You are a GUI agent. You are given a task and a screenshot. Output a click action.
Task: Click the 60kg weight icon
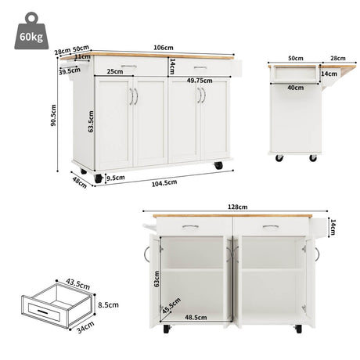pos(31,31)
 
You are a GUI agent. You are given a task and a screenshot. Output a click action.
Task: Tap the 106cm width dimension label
pos(164,48)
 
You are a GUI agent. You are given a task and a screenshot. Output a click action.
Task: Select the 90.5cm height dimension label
pos(53,115)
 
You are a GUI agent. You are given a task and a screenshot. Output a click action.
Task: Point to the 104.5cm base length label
pos(164,183)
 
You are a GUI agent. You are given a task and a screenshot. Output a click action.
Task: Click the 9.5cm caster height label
pos(116,178)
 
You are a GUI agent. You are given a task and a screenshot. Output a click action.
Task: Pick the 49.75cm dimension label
pos(200,81)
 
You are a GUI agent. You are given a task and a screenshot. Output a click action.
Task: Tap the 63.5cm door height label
pos(91,121)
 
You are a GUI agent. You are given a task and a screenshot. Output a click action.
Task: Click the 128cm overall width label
pos(238,207)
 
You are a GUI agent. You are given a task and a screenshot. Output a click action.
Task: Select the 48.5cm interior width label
pos(196,317)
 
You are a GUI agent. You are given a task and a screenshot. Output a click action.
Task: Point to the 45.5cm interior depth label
pos(171,306)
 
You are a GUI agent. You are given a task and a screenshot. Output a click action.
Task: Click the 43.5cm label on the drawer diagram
pos(77,284)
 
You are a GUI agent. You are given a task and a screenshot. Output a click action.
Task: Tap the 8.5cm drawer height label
pos(108,304)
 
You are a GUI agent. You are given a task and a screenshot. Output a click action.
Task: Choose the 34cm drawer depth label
pos(85,327)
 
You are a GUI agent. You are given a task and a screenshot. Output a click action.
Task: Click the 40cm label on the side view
pos(296,88)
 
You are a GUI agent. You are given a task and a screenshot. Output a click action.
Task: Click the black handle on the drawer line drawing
pos(42,311)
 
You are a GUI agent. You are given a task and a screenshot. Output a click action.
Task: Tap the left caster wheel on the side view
pos(279,158)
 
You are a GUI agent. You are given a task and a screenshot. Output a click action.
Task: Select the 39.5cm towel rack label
pos(70,71)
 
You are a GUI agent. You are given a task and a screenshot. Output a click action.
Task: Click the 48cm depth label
pos(79,182)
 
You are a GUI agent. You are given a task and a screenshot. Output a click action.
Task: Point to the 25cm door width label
pos(115,71)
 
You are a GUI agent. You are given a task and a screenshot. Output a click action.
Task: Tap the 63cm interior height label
pos(157,279)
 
